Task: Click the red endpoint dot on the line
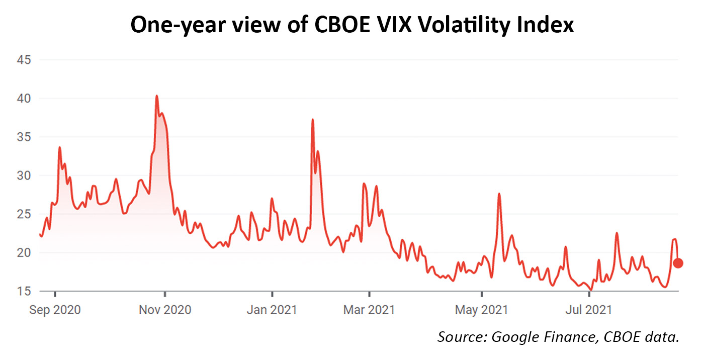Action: click(x=678, y=263)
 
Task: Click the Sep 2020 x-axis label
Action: click(x=54, y=309)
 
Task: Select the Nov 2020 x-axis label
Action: click(x=165, y=309)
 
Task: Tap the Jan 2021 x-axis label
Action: click(x=272, y=309)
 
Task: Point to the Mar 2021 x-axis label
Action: click(x=370, y=309)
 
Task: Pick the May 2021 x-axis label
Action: click(x=482, y=309)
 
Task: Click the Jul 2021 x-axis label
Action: click(x=588, y=309)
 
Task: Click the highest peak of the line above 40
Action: click(x=157, y=96)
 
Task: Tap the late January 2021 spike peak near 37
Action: click(x=313, y=120)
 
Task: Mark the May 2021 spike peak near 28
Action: click(x=499, y=194)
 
